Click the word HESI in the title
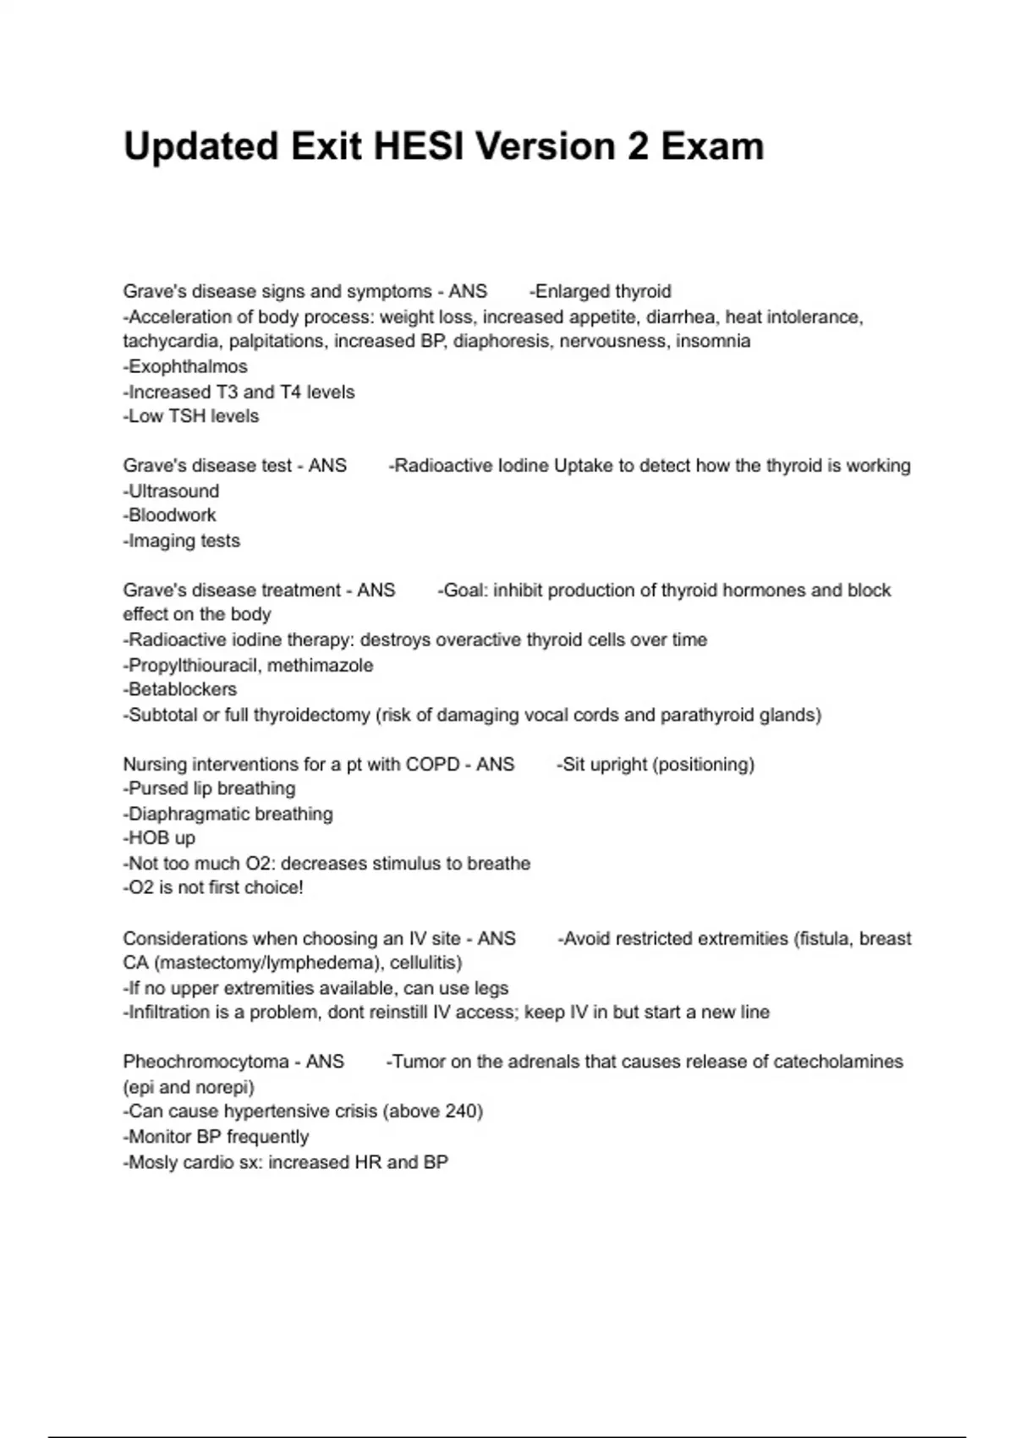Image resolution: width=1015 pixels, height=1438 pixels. (419, 146)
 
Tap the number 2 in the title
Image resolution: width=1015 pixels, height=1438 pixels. (638, 146)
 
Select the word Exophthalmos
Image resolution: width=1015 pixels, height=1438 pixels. (188, 367)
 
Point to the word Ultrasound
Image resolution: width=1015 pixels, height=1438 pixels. (173, 491)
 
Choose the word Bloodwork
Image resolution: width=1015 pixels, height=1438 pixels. (172, 516)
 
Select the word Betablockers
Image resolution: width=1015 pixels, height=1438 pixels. (182, 690)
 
